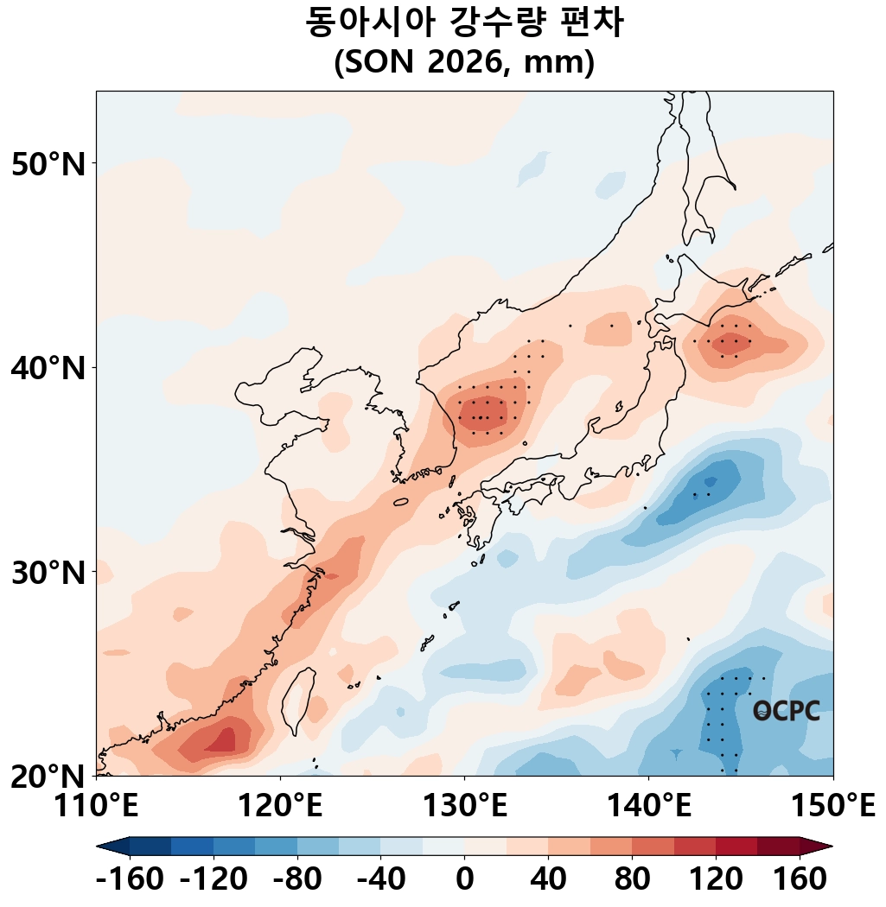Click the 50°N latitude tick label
(x=48, y=164)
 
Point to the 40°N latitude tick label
(x=48, y=368)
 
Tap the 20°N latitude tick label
(x=48, y=777)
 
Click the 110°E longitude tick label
(x=96, y=804)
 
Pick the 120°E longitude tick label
(x=280, y=804)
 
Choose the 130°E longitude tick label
(x=465, y=804)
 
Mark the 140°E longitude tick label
(x=649, y=804)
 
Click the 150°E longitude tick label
(x=833, y=804)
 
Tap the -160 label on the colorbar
(x=130, y=879)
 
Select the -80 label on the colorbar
(x=296, y=879)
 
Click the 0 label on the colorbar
(x=465, y=879)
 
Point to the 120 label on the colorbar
(x=716, y=879)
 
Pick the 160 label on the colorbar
(x=800, y=879)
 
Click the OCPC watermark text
(x=786, y=711)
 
